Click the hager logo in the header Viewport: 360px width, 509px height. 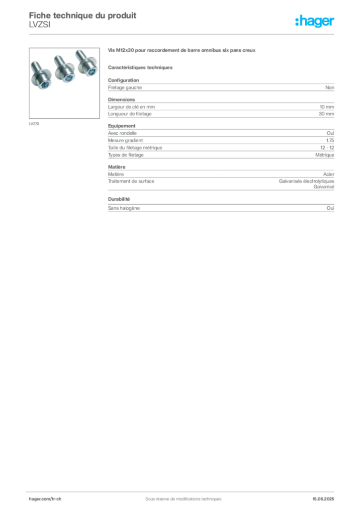(315, 21)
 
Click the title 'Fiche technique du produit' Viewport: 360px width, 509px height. (83, 15)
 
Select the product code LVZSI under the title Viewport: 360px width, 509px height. (40, 25)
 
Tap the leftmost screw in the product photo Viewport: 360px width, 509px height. (41, 75)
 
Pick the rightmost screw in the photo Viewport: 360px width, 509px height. (87, 63)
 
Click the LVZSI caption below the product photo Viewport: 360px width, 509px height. (34, 124)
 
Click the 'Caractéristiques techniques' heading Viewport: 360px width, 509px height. (140, 68)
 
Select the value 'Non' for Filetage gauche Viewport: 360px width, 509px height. (330, 87)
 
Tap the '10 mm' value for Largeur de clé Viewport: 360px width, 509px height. (327, 107)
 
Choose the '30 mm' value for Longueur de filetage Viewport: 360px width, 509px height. (327, 114)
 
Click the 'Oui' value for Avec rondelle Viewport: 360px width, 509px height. (331, 133)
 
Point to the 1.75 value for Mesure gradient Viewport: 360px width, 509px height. (330, 141)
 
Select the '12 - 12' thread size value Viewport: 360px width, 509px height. (327, 148)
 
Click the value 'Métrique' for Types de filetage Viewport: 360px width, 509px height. (325, 155)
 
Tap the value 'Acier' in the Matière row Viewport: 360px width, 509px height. (329, 174)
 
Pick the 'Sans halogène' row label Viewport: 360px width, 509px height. (124, 208)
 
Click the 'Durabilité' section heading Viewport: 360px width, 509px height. (119, 199)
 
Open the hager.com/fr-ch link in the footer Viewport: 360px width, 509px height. (45, 499)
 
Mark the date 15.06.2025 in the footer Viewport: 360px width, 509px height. (323, 499)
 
